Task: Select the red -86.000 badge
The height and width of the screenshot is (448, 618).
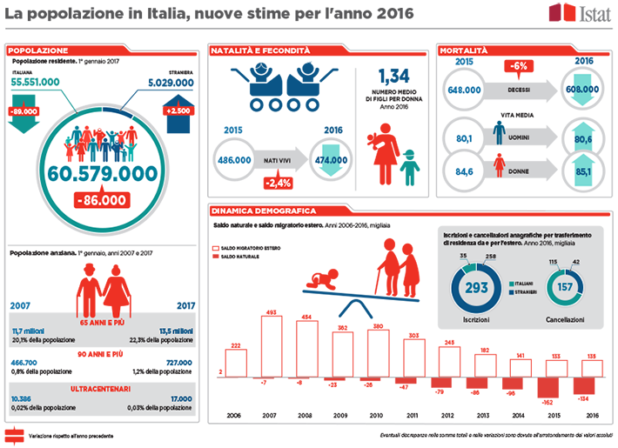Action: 102,199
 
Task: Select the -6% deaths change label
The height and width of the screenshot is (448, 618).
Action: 519,66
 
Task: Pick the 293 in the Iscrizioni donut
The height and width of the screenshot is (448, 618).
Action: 477,287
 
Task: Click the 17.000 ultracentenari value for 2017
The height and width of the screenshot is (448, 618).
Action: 178,398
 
